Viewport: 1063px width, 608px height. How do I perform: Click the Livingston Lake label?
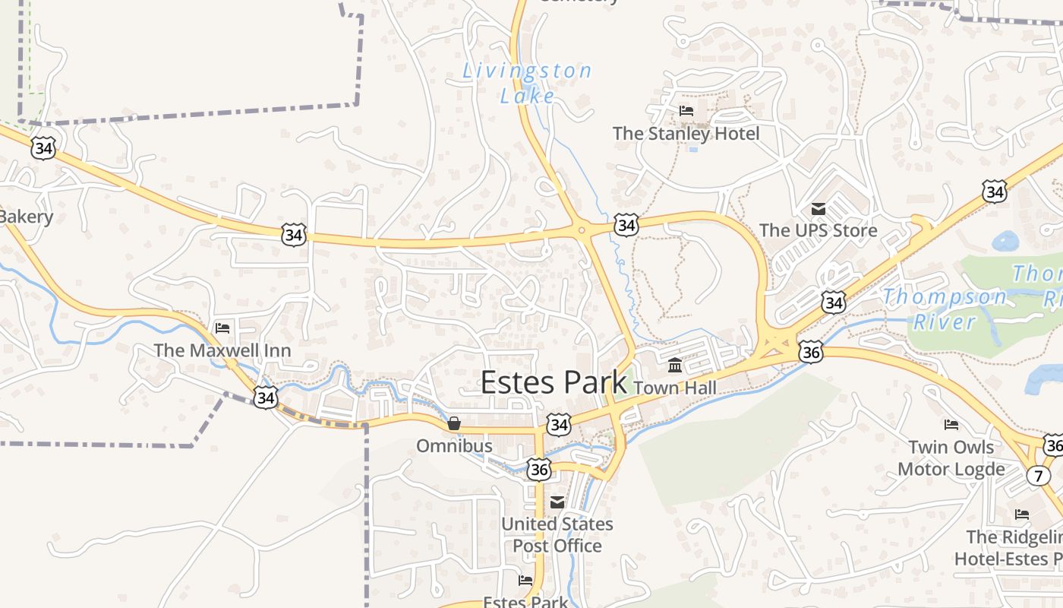(527, 83)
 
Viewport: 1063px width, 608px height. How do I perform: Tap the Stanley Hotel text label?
(686, 134)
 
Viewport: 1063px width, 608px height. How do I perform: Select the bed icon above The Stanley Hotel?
(686, 111)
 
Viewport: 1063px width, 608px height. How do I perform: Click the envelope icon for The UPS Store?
(819, 208)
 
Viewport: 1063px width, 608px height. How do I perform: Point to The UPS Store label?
(818, 230)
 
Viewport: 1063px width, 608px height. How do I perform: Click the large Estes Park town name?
(554, 382)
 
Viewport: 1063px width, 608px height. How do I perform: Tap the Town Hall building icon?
(675, 366)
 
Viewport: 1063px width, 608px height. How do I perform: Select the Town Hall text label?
(674, 388)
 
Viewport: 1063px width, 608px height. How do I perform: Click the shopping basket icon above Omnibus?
(454, 423)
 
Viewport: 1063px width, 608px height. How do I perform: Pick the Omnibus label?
(454, 445)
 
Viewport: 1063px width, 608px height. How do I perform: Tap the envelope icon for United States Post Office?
(557, 502)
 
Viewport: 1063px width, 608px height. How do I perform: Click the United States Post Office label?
(557, 535)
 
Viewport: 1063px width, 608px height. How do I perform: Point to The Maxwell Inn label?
(222, 350)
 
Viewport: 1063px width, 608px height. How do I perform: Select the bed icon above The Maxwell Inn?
(222, 328)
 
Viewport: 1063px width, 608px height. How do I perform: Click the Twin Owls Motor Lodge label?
(951, 458)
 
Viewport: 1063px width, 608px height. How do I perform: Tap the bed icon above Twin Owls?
(951, 425)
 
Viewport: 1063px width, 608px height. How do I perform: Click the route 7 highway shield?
(1038, 476)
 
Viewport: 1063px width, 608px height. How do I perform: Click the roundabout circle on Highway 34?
(582, 230)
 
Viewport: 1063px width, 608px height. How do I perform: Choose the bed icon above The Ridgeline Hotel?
(1022, 515)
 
